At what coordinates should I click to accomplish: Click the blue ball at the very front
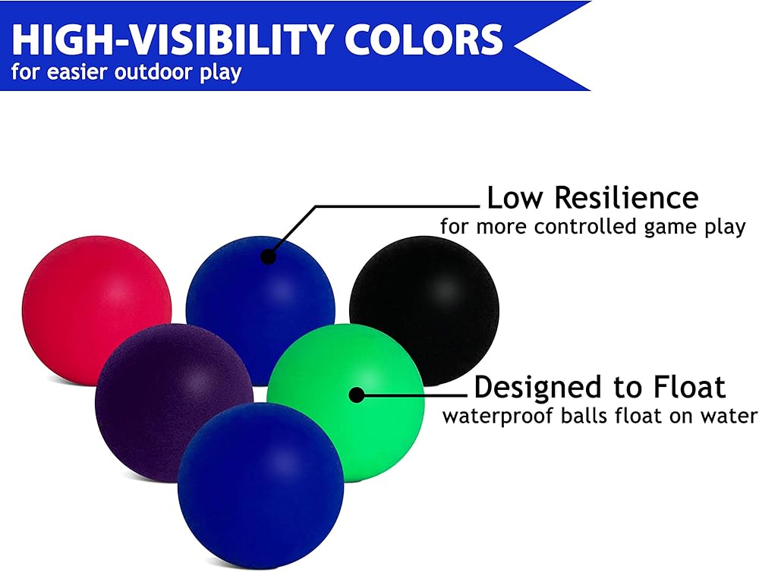[261, 486]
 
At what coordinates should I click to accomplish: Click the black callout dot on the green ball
[357, 395]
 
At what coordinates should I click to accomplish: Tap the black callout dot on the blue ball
[268, 256]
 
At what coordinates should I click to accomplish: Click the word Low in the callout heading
[515, 197]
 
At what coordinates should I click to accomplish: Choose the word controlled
[584, 226]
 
